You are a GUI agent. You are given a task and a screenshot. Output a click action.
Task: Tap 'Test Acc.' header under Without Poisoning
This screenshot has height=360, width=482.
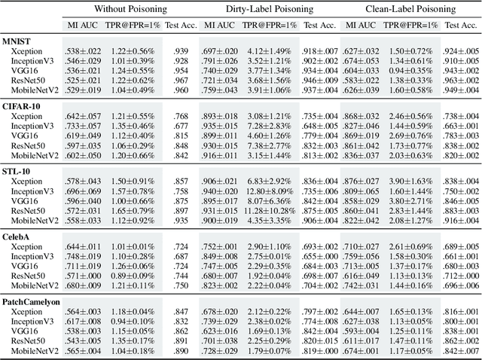coord(180,25)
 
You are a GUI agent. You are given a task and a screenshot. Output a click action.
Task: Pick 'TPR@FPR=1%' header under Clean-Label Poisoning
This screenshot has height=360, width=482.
coord(410,25)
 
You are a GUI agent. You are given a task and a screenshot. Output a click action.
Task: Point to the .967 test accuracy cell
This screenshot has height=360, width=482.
coord(180,79)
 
